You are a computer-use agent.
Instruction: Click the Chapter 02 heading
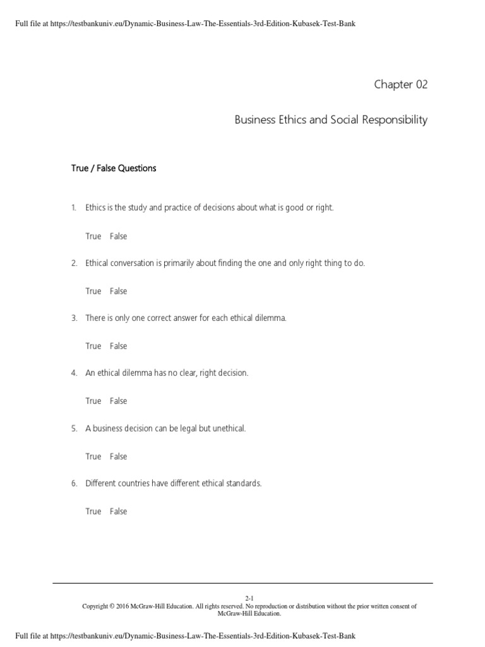coord(401,85)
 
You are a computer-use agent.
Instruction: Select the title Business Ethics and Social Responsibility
coord(331,119)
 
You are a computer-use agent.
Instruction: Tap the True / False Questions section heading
coord(113,169)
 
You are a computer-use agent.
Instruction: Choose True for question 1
coord(93,236)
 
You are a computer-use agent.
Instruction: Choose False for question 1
coord(118,236)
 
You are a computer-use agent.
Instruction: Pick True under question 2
coord(93,291)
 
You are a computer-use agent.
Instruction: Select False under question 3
coord(118,346)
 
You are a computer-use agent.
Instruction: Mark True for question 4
coord(93,401)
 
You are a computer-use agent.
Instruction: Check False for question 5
coord(118,456)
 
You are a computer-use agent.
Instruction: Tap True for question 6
coord(93,511)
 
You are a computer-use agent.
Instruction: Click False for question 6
coord(118,511)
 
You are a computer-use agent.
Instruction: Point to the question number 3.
coord(74,318)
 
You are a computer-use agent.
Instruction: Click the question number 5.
coord(74,428)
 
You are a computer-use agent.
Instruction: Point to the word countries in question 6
coord(135,483)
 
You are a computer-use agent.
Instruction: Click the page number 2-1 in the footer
coord(249,598)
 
